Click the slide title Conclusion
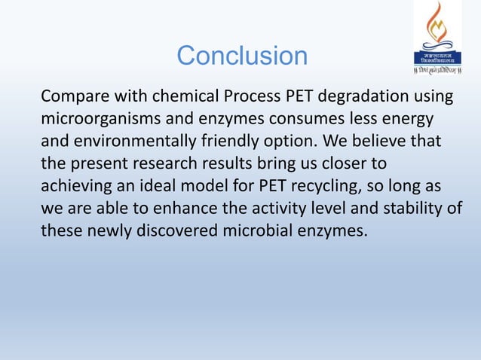(x=241, y=56)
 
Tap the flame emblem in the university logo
(x=438, y=27)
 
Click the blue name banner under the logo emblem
(x=438, y=58)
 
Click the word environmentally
(x=136, y=142)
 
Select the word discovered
(x=177, y=230)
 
